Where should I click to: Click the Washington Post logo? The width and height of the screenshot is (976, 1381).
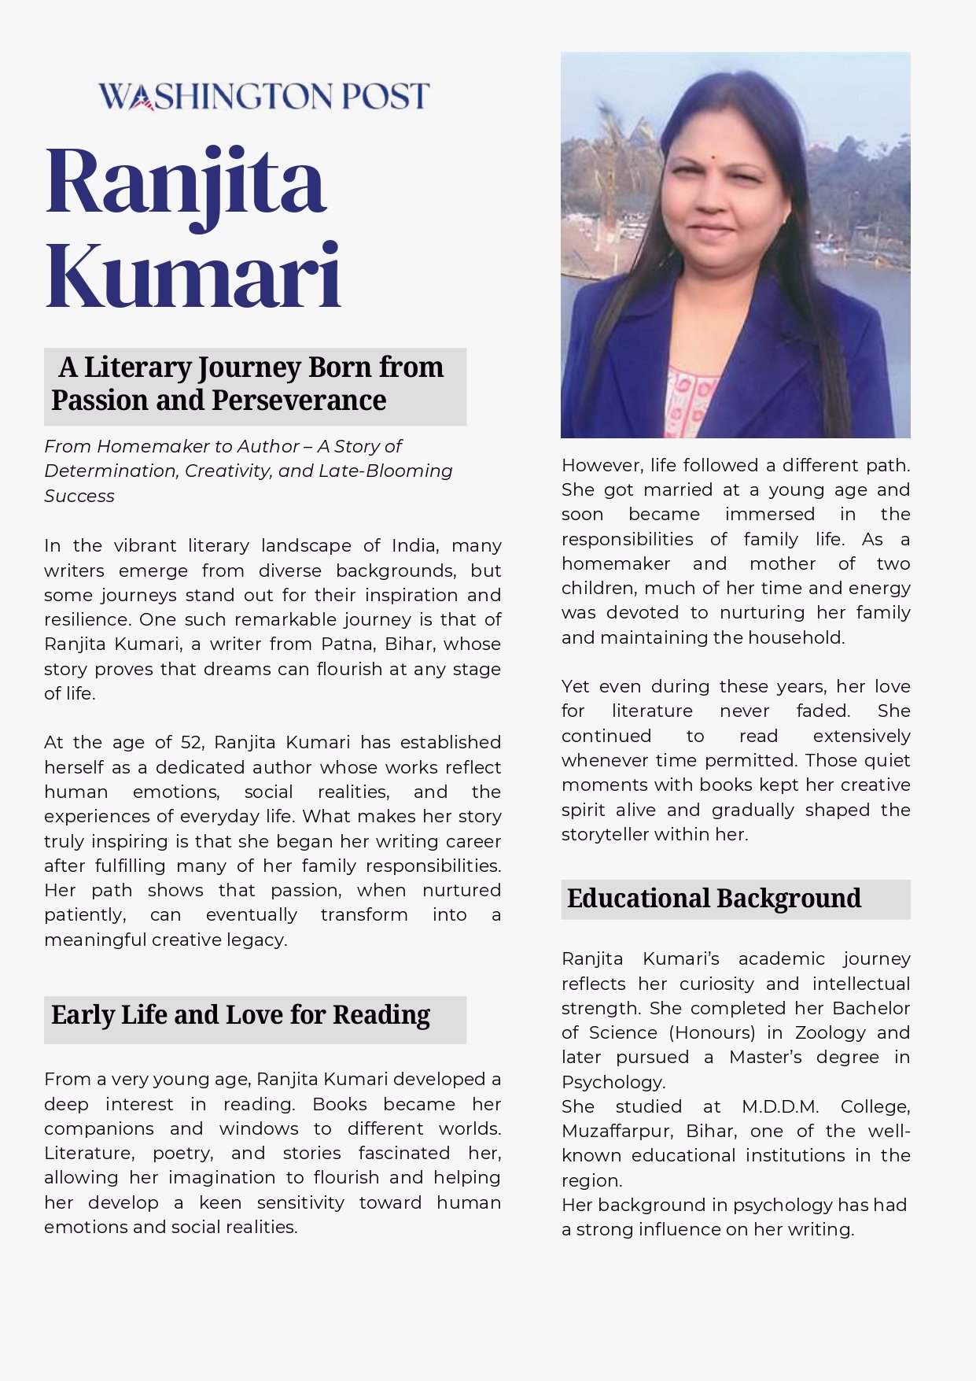coord(263,96)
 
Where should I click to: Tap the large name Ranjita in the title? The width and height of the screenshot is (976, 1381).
coord(186,184)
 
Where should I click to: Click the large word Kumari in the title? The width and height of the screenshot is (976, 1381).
coord(193,276)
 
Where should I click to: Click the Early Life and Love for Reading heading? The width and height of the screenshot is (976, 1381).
coord(241,1015)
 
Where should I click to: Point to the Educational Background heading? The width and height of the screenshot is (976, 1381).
coord(714,899)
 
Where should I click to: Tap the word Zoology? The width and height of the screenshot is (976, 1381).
coord(831,1032)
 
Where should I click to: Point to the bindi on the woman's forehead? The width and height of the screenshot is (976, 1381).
coord(713,157)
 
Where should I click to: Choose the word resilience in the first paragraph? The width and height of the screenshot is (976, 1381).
coord(86,619)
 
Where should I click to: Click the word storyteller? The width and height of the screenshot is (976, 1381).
coord(610,834)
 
